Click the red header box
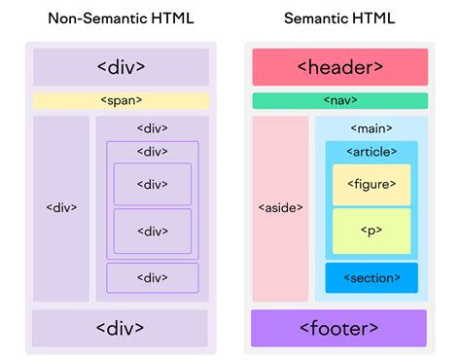339,67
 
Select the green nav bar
339,100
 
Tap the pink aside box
280,208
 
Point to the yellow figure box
372,185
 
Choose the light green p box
372,231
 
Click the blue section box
372,277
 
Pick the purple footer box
338,328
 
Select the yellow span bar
121,100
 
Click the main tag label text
371,128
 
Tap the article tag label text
372,152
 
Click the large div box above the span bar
121,67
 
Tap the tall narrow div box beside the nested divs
61,208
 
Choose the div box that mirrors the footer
121,328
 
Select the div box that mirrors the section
153,277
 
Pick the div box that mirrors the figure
153,185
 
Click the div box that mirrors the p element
153,231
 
